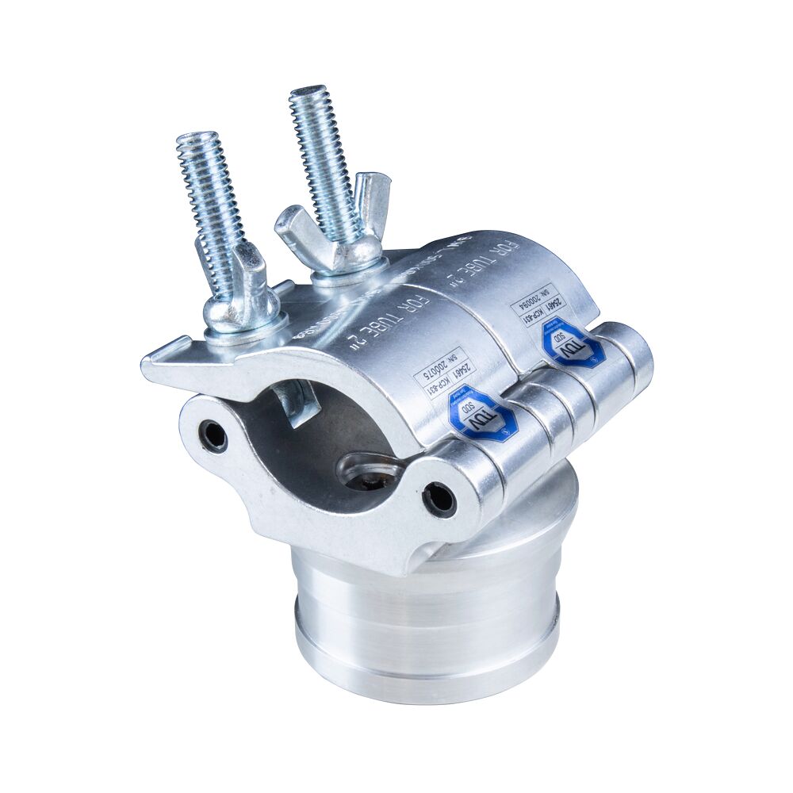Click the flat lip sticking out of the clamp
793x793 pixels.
(170, 365)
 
